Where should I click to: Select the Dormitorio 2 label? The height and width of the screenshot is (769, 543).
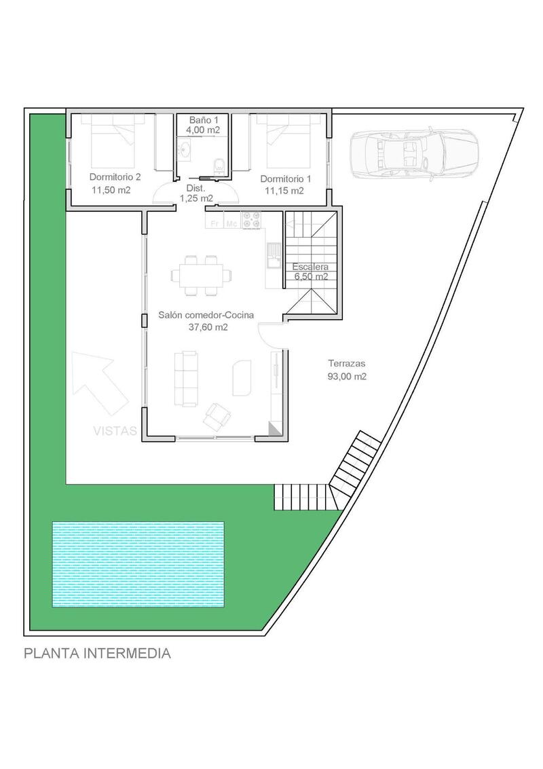click(x=115, y=177)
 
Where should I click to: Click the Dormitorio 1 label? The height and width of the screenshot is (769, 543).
click(x=286, y=179)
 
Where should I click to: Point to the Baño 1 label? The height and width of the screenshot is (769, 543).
click(x=203, y=119)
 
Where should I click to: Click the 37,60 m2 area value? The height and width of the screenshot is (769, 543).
click(x=208, y=327)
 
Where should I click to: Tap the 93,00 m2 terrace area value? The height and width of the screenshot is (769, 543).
click(x=346, y=377)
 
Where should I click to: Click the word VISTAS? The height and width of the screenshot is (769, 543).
click(x=115, y=430)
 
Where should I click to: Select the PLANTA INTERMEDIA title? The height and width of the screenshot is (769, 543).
click(x=97, y=654)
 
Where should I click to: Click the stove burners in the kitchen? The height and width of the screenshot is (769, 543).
click(x=252, y=220)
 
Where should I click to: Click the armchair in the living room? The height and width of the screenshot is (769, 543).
click(x=218, y=415)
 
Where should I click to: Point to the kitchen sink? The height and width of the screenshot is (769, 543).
click(x=273, y=254)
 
